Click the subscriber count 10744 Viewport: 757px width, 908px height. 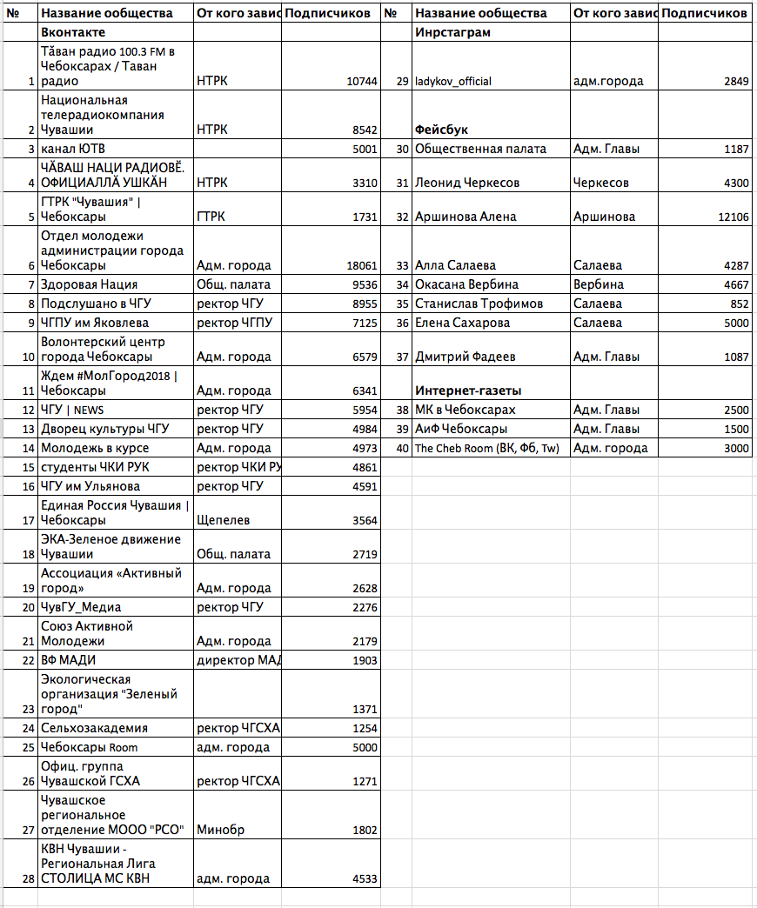coord(361,81)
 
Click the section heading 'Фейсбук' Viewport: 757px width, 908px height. coord(442,130)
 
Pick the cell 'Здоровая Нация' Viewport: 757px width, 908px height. coord(89,284)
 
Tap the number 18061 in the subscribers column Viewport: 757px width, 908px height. coord(361,265)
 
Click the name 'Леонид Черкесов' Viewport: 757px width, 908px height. coord(467,183)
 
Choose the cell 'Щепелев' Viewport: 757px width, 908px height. coord(224,520)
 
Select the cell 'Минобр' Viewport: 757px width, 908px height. coord(221,830)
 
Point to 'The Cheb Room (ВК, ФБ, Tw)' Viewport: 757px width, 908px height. coord(486,448)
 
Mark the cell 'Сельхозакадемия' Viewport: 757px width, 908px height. coord(94,728)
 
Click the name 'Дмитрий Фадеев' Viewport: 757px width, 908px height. coord(466,357)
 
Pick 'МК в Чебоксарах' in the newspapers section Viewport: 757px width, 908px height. coord(465,410)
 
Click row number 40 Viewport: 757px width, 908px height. coord(401,448)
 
